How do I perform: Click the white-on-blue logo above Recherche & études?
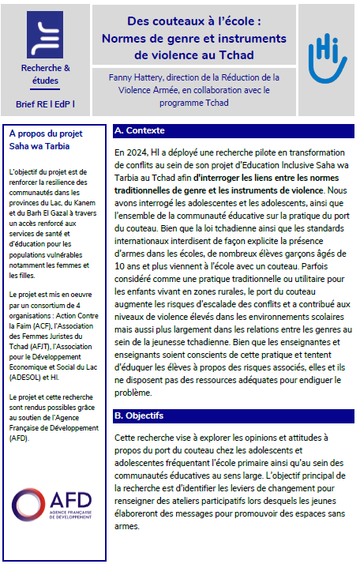click(x=46, y=33)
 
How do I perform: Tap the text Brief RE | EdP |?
click(x=46, y=104)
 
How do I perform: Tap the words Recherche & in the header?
click(x=45, y=69)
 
